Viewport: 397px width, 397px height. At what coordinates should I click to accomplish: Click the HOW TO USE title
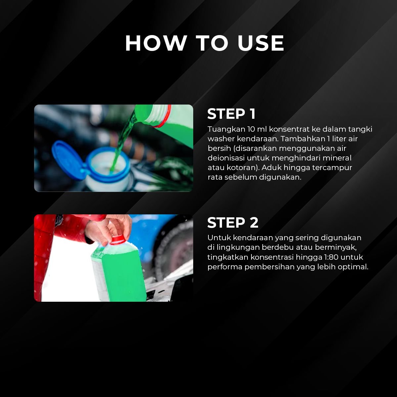[x=204, y=43]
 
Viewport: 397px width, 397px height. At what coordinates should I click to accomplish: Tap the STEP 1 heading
[x=231, y=114]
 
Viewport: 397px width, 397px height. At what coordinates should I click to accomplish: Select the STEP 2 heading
[x=233, y=223]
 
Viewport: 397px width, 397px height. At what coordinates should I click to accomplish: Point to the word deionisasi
[x=226, y=158]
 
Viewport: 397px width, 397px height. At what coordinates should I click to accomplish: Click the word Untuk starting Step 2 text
[x=219, y=238]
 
